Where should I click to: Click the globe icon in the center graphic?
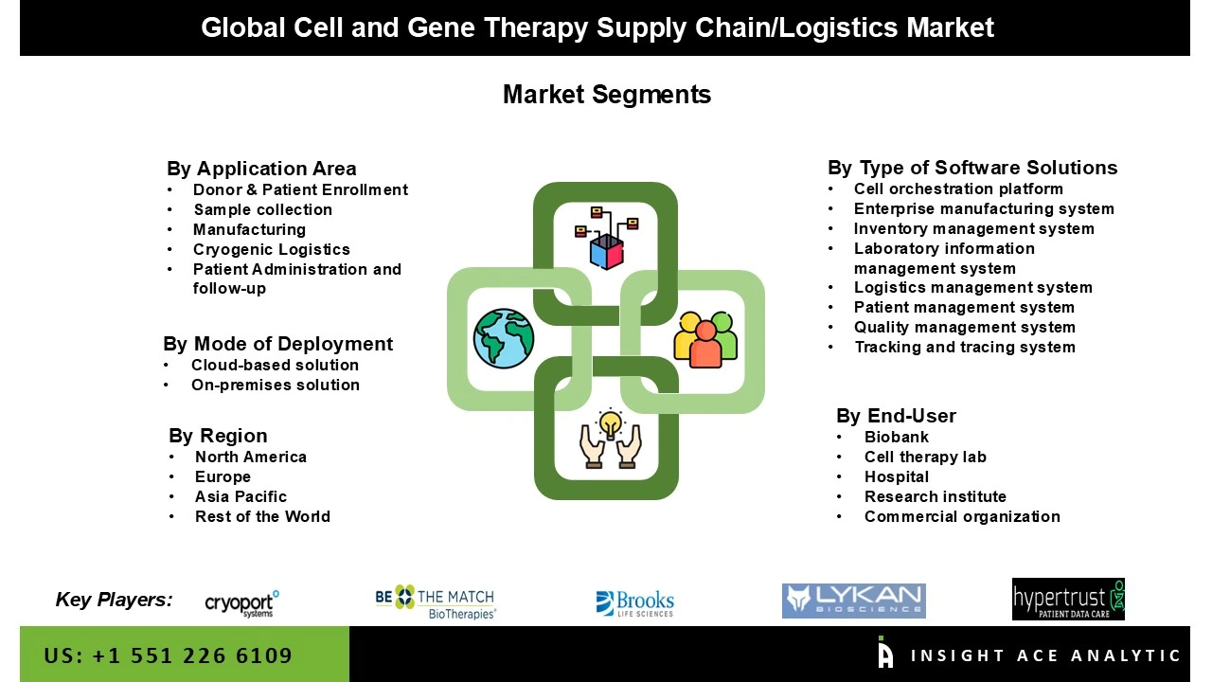pyautogui.click(x=504, y=338)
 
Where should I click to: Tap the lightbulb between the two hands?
pyautogui.click(x=611, y=423)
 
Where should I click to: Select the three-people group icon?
pyautogui.click(x=705, y=338)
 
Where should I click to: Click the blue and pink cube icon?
pyautogui.click(x=606, y=249)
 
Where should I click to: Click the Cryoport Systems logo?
pyautogui.click(x=241, y=602)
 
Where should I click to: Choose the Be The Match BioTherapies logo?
pyautogui.click(x=436, y=601)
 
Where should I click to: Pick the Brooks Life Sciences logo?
pyautogui.click(x=634, y=603)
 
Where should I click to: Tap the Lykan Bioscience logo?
pyautogui.click(x=853, y=601)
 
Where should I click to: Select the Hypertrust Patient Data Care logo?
pyautogui.click(x=1068, y=600)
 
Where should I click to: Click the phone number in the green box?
pyautogui.click(x=168, y=655)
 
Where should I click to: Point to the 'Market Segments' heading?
pyautogui.click(x=606, y=95)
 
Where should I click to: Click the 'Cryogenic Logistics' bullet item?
pyautogui.click(x=271, y=249)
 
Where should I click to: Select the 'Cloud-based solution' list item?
pyautogui.click(x=275, y=365)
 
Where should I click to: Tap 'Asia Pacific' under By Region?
pyautogui.click(x=241, y=496)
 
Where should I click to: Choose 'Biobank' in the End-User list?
pyautogui.click(x=896, y=437)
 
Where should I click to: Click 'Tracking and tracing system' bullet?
pyautogui.click(x=964, y=347)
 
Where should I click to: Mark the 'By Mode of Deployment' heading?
pyautogui.click(x=277, y=344)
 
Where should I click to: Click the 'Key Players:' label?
pyautogui.click(x=115, y=600)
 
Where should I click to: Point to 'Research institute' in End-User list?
pyautogui.click(x=935, y=496)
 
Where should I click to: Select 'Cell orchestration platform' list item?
pyautogui.click(x=958, y=188)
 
